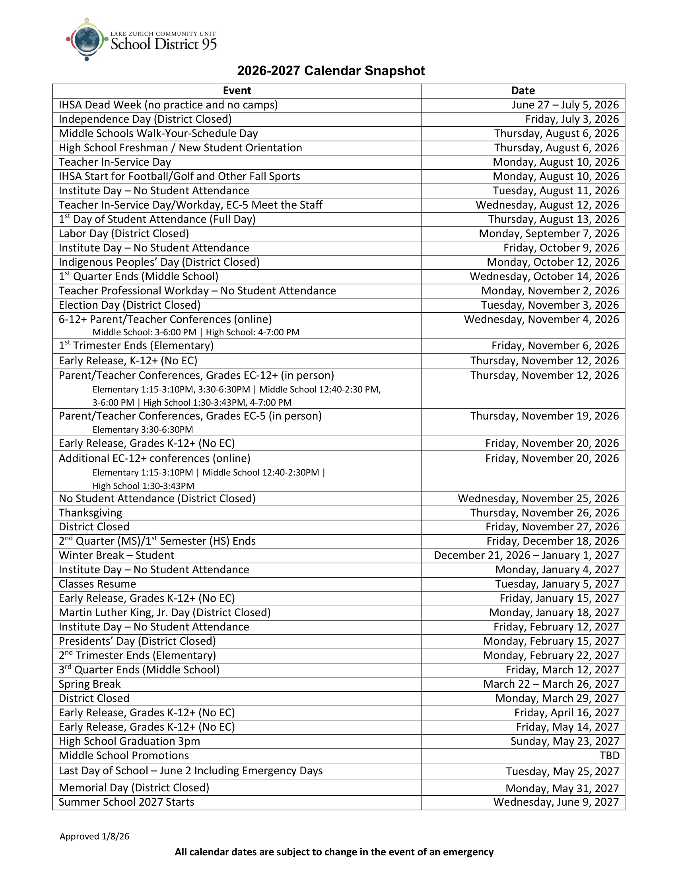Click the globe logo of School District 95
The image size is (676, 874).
click(87, 39)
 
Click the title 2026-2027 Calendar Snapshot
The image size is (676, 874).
click(331, 71)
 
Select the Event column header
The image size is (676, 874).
click(237, 91)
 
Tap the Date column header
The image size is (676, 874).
click(523, 91)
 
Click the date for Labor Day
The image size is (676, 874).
click(549, 234)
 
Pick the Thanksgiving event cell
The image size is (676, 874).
click(91, 513)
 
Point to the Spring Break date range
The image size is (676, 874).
click(551, 685)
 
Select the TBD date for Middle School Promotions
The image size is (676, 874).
click(609, 756)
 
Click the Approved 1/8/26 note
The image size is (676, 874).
click(95, 836)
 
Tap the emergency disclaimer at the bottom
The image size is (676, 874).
click(334, 852)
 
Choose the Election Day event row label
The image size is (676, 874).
click(129, 306)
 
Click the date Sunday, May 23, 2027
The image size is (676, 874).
click(565, 742)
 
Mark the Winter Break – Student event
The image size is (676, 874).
click(117, 556)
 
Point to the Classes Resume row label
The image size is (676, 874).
click(97, 584)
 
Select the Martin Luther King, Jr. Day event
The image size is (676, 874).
click(165, 613)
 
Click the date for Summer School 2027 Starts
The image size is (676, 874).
click(556, 802)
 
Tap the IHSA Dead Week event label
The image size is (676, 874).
click(168, 105)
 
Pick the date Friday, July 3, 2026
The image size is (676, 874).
click(572, 119)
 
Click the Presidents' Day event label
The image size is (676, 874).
click(137, 642)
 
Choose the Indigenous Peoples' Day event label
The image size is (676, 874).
click(159, 263)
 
